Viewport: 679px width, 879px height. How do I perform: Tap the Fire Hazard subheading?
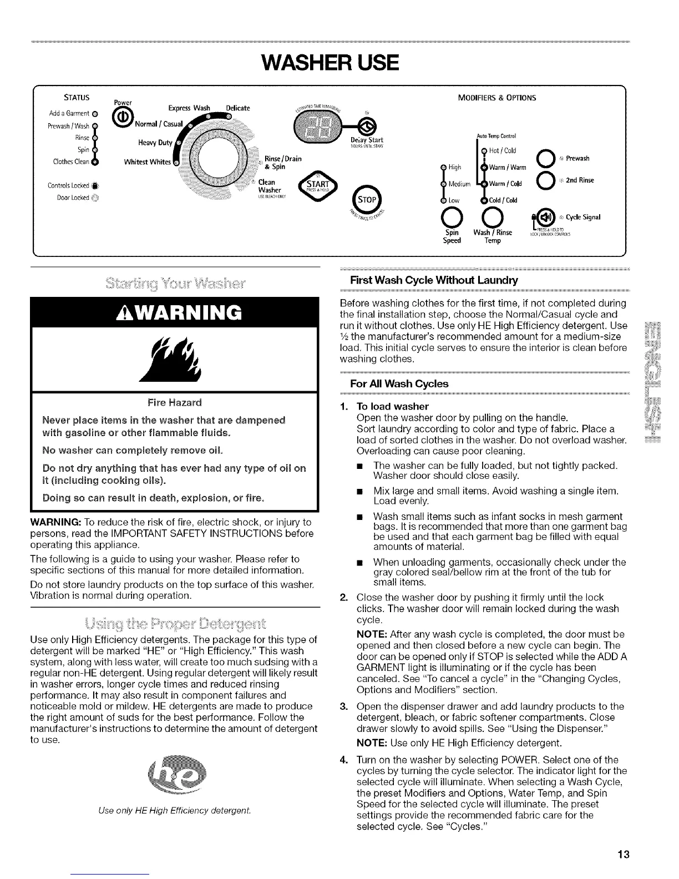click(175, 401)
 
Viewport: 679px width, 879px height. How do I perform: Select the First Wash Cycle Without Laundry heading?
click(434, 280)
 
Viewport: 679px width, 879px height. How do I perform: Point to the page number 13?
click(624, 854)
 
